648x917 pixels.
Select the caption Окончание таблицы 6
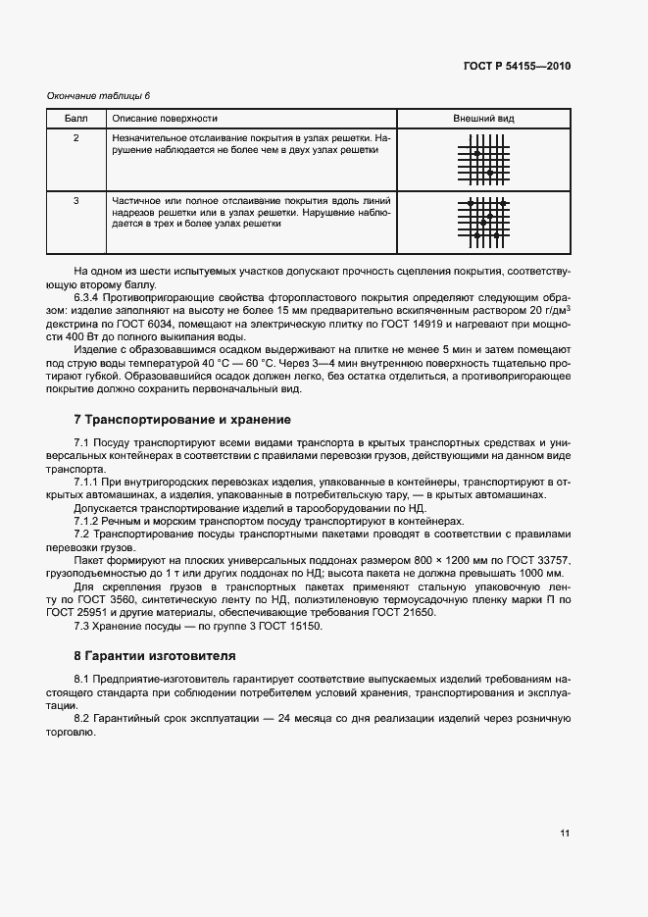click(x=98, y=95)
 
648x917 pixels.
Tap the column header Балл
click(x=75, y=119)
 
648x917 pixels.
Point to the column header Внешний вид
click(x=483, y=119)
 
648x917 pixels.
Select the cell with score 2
click(x=75, y=138)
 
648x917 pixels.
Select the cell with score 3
click(x=75, y=199)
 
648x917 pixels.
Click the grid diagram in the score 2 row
click(x=483, y=162)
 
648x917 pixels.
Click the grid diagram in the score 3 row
click(x=483, y=222)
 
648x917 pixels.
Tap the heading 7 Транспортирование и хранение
click(x=169, y=420)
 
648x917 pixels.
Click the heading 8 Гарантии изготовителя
click(x=154, y=655)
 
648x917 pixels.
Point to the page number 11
click(x=565, y=833)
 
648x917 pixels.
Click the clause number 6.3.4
click(x=89, y=296)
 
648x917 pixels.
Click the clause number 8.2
click(x=83, y=718)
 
